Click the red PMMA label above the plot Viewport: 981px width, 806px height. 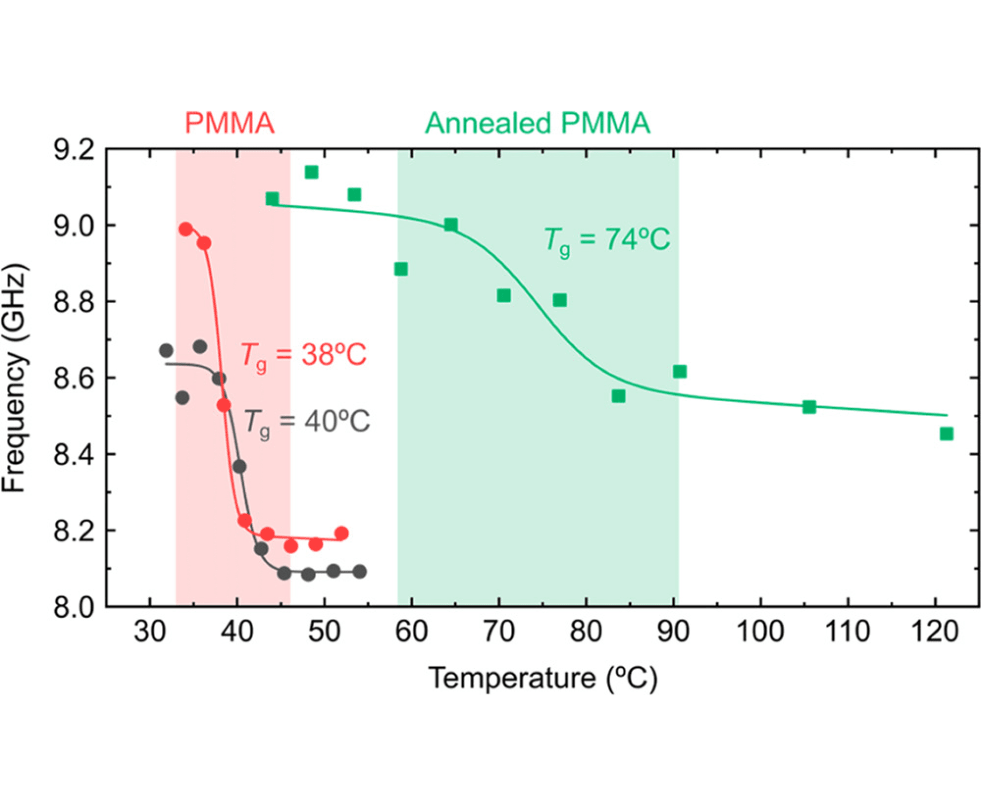coord(229,123)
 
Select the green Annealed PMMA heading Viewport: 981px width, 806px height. coord(537,123)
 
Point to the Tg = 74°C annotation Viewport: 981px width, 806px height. coord(607,240)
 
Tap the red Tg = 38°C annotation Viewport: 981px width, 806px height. coord(303,355)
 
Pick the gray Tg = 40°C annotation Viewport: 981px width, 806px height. coord(307,422)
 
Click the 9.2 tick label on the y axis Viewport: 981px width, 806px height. coord(74,151)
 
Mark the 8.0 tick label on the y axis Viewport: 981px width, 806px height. coord(74,607)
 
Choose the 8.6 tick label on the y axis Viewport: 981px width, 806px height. coord(74,378)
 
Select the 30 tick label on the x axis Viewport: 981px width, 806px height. coord(150,631)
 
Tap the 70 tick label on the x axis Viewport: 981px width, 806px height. coord(499,631)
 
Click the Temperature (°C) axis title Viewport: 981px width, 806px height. coord(543,678)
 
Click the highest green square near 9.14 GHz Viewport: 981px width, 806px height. coord(312,172)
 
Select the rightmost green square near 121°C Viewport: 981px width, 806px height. coord(946,434)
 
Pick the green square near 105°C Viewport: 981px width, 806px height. coord(809,407)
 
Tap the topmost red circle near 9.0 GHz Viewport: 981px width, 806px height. coord(186,229)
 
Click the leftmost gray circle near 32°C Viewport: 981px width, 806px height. coord(166,351)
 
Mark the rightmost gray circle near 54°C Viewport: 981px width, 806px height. coord(360,571)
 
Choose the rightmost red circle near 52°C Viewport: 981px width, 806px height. coord(341,533)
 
